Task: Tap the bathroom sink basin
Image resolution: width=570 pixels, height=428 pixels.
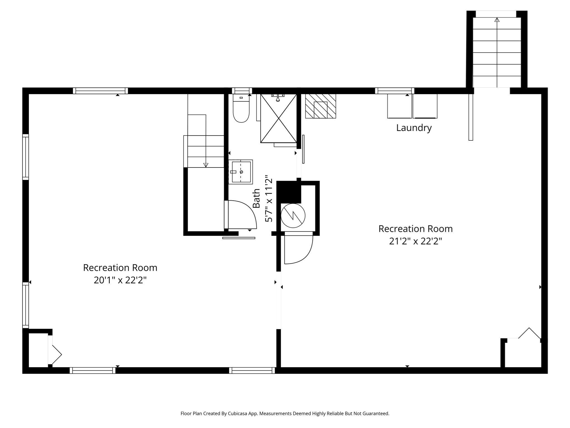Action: click(x=241, y=172)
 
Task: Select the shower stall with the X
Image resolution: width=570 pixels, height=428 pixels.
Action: click(x=279, y=118)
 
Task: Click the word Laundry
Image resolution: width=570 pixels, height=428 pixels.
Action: click(x=414, y=128)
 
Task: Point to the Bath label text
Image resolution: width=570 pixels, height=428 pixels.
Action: click(x=256, y=198)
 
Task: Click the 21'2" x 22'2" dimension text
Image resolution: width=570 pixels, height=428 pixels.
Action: click(x=416, y=241)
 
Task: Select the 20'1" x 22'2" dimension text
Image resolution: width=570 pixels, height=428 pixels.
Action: click(x=120, y=280)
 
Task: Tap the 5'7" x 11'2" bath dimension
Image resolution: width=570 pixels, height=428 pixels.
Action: click(x=269, y=198)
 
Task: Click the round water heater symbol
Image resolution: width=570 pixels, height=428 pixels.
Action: click(x=293, y=215)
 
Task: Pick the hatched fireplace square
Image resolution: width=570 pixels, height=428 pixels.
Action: click(x=321, y=106)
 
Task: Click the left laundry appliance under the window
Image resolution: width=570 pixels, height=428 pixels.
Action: click(x=400, y=106)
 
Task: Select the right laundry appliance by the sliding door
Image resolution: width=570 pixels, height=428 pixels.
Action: click(x=425, y=106)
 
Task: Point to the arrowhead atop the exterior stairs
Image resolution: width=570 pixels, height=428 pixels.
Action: click(x=497, y=20)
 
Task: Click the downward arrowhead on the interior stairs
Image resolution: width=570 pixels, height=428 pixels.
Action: click(x=206, y=165)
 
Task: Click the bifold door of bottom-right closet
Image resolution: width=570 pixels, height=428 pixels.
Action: click(x=529, y=333)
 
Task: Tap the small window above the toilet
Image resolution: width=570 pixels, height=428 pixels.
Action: click(x=242, y=91)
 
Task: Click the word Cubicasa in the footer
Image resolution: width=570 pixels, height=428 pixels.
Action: click(x=238, y=414)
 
